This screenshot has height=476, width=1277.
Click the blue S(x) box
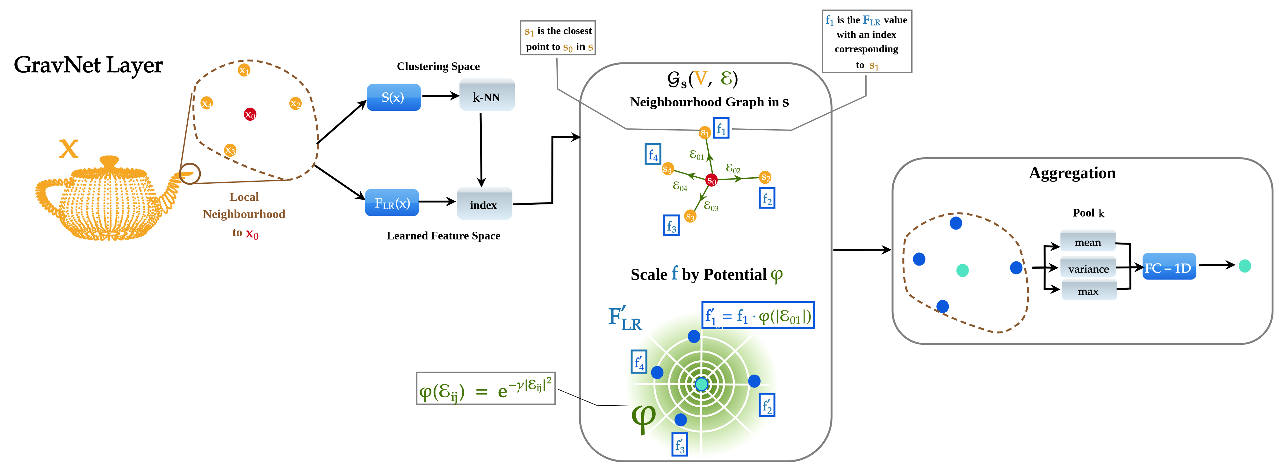coord(393,97)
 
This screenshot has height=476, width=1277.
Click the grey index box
coord(484,203)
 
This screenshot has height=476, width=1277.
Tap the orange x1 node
coord(244,70)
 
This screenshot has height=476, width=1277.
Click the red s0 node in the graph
coord(711,180)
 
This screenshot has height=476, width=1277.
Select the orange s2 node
coord(765,177)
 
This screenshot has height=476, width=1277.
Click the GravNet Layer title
coord(88,65)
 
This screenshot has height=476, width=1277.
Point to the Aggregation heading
coord(1072,173)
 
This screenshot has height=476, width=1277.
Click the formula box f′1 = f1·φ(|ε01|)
coord(758,315)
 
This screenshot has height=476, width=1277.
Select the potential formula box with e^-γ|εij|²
coord(486,388)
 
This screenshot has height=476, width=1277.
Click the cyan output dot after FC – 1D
coord(1245,266)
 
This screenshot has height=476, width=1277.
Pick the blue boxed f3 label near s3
coord(671,225)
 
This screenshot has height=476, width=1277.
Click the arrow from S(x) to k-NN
coord(441,96)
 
